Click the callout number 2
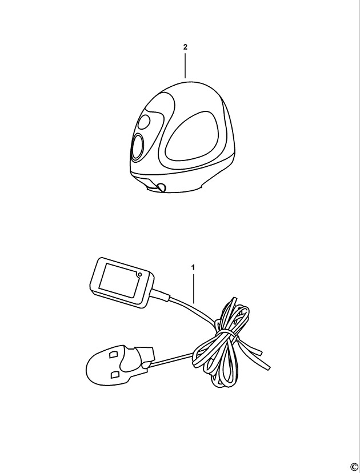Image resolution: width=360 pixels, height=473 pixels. pyautogui.click(x=185, y=47)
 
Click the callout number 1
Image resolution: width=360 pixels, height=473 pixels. pyautogui.click(x=193, y=267)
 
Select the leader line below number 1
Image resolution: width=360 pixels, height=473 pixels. pyautogui.click(x=193, y=288)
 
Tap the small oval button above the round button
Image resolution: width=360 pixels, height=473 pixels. pyautogui.click(x=143, y=122)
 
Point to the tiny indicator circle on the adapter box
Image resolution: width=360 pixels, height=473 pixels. pyautogui.click(x=139, y=275)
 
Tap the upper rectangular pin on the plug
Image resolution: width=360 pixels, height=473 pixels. pyautogui.click(x=114, y=354)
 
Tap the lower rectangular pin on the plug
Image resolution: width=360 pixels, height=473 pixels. pyautogui.click(x=115, y=375)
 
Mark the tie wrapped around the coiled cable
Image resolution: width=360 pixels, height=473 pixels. pyautogui.click(x=225, y=334)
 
